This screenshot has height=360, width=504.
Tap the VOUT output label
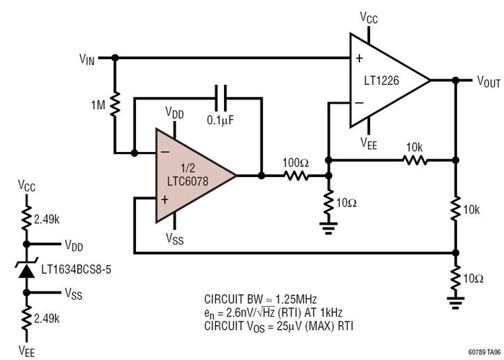click(488, 82)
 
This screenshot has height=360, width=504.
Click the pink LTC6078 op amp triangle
click(191, 175)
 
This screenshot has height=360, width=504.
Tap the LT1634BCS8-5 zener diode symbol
click(27, 270)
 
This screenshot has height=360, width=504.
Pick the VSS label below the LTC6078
click(174, 238)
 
